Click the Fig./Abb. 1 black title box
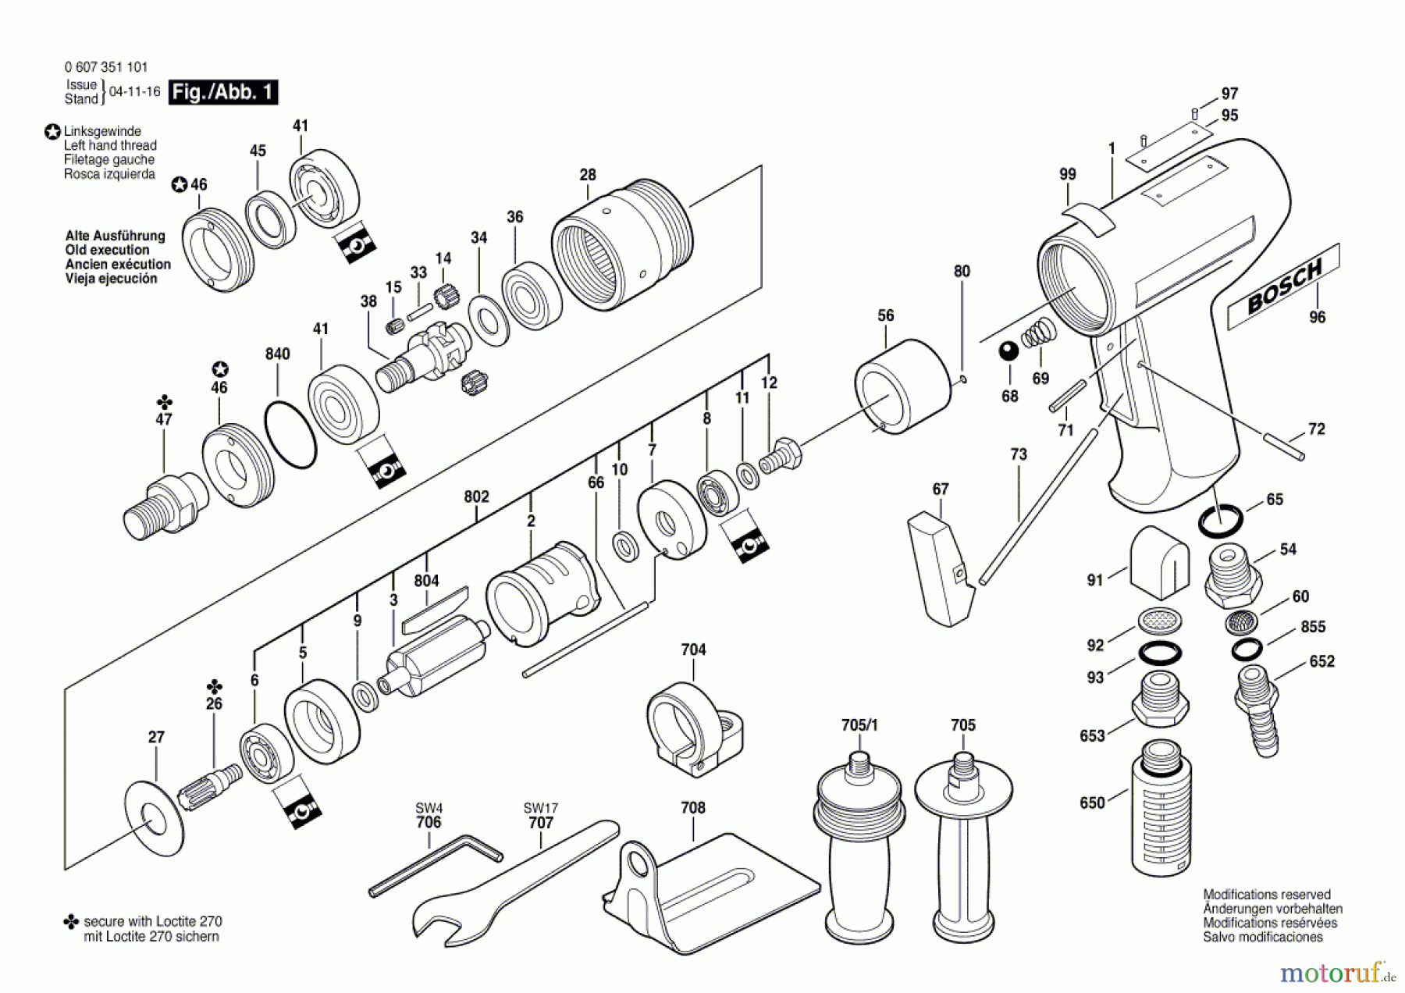(x=223, y=92)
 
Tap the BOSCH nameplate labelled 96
(x=1283, y=285)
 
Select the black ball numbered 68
(x=1008, y=351)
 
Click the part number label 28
(x=588, y=175)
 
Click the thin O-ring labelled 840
(x=290, y=435)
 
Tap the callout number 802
(x=476, y=496)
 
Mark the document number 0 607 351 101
(x=106, y=67)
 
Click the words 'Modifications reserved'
(x=1267, y=895)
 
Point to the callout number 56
(x=885, y=315)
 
